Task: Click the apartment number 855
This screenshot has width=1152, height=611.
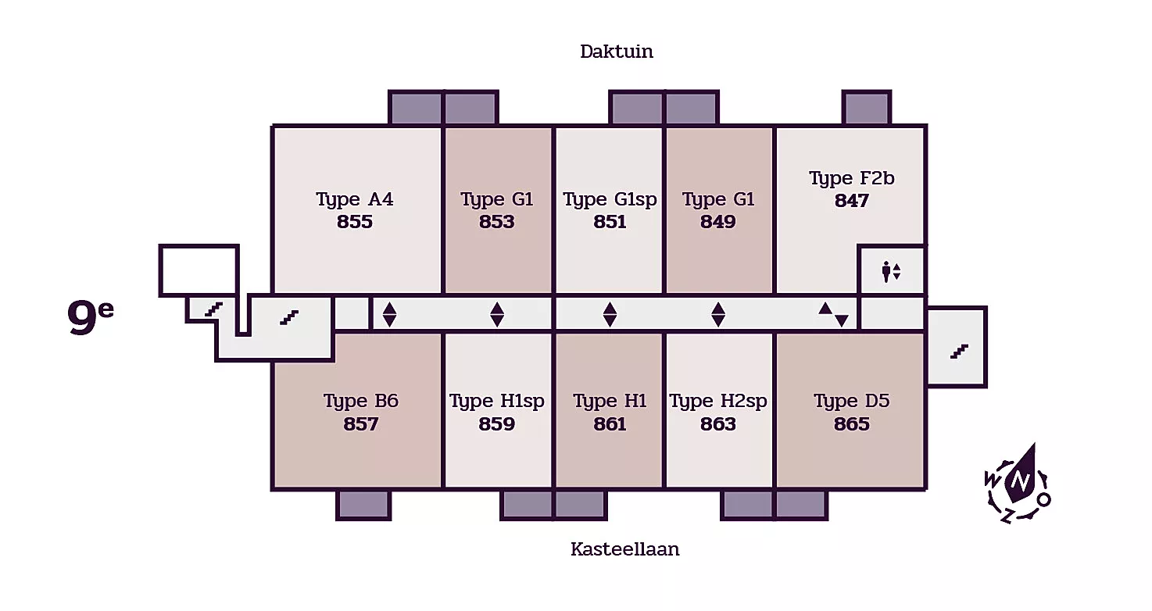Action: coord(355,222)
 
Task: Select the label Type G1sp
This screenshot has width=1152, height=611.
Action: coord(610,200)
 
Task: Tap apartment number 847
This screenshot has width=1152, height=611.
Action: coord(852,201)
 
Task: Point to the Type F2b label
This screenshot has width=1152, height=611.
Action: coord(852,179)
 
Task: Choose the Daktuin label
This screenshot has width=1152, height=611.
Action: coord(617,52)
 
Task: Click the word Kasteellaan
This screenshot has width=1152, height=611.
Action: coord(624,549)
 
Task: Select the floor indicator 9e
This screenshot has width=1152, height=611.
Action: coord(91,317)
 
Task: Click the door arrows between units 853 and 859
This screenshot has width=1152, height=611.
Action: coord(497,314)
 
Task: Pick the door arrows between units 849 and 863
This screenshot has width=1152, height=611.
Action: coord(718,314)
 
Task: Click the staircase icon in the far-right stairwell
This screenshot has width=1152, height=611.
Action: coord(959,352)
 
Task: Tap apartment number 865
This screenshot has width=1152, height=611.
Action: coord(852,424)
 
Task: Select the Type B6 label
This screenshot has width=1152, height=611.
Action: coord(361,402)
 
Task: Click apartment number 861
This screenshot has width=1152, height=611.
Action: coord(610,424)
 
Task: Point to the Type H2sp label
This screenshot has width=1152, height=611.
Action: coord(718,402)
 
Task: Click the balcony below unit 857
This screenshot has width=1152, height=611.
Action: coord(363,505)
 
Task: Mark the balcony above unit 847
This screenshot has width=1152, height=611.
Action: coord(866,108)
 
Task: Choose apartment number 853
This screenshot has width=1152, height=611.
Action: coord(497,222)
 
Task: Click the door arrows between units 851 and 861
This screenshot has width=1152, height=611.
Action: coord(610,314)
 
